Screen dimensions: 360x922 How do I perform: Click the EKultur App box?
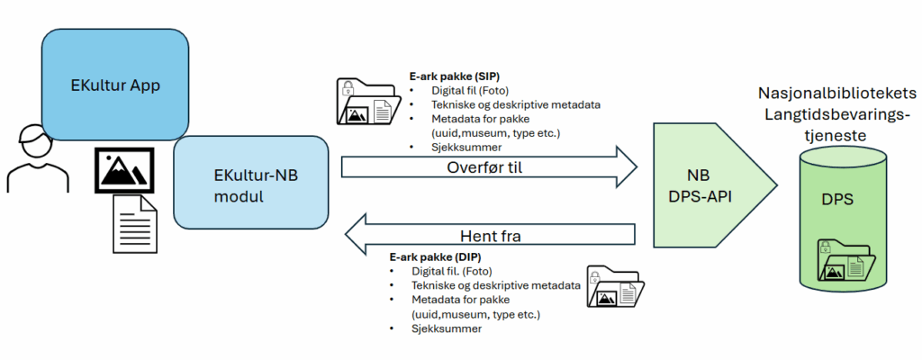tap(115, 86)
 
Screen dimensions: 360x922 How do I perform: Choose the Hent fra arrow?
tap(486, 236)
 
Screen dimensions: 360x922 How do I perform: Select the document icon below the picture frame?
tap(133, 224)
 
